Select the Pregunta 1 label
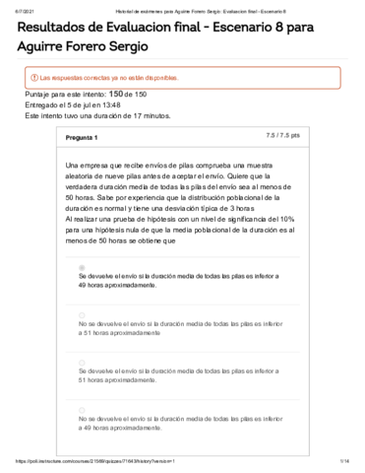[82, 136]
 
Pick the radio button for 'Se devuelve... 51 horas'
[81, 359]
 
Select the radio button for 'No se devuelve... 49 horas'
[81, 408]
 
